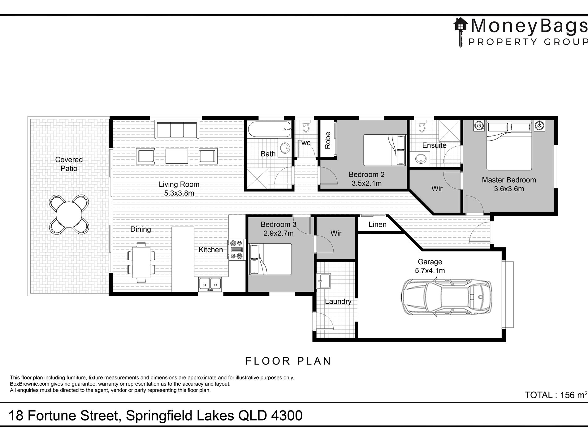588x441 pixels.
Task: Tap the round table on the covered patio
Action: coord(69,214)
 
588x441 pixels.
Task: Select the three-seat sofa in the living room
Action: coord(177,130)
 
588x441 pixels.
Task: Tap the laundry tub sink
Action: coord(323,281)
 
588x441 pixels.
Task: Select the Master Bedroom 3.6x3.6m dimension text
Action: coord(509,189)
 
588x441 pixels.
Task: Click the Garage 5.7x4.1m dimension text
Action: coord(430,271)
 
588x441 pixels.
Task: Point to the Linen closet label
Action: coord(378,224)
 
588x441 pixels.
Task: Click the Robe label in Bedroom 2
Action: coord(328,140)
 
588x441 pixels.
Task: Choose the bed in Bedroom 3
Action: coord(270,259)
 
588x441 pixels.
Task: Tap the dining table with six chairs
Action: coord(141,262)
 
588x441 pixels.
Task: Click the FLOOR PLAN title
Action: coord(288,361)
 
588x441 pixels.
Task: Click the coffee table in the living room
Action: coord(177,156)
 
